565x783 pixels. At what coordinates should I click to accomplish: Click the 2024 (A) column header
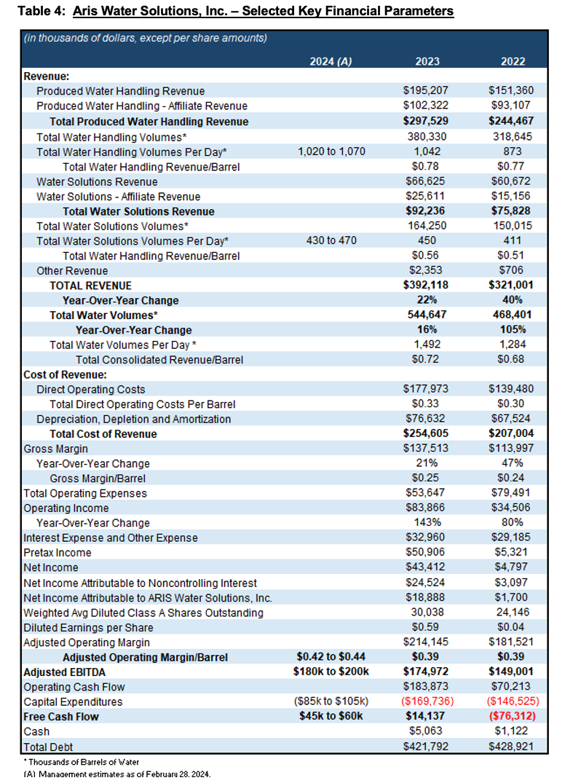coord(331,61)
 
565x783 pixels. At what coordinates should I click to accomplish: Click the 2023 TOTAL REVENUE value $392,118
coord(424,286)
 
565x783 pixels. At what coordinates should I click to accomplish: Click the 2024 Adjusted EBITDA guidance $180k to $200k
coord(331,672)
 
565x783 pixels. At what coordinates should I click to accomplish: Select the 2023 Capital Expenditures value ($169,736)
coord(424,701)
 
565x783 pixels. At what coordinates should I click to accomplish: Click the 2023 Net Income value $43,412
coord(424,567)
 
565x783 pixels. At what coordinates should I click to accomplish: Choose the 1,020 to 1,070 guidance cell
coord(331,152)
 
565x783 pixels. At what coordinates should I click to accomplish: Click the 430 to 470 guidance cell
coord(331,240)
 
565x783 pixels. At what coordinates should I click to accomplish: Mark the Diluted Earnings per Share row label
coord(88,627)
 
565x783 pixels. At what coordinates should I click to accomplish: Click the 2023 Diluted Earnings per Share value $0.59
coord(424,627)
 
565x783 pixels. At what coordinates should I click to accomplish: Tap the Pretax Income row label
coord(58,553)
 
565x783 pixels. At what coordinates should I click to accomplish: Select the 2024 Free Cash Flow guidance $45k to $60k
coord(331,716)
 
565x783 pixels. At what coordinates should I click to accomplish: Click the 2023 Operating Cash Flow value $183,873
coord(424,686)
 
